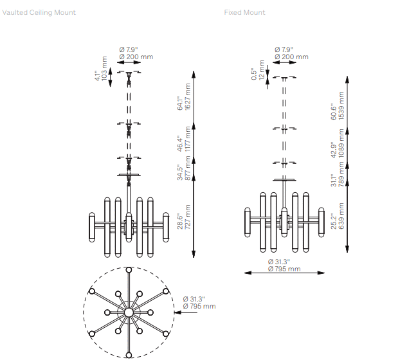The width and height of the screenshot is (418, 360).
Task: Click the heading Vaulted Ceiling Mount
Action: click(39, 12)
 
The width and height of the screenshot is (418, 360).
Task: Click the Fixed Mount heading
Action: click(244, 12)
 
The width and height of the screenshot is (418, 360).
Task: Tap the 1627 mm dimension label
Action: click(188, 96)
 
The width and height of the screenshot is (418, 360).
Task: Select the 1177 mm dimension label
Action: click(188, 139)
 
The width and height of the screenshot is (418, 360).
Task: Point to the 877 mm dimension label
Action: click(188, 168)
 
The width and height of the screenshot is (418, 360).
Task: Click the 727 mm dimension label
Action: click(188, 217)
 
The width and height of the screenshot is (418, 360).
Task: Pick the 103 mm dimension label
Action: click(104, 68)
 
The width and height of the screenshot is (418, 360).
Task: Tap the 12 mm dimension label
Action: click(262, 70)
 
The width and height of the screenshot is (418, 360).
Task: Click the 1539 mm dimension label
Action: click(341, 106)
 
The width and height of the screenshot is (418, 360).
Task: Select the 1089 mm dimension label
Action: click(341, 143)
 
